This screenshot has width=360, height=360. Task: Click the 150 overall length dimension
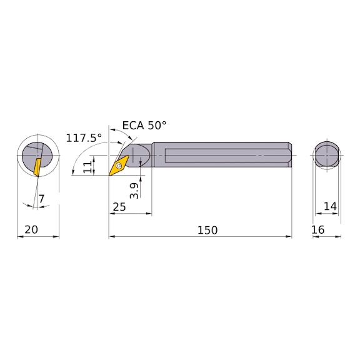tap(207, 230)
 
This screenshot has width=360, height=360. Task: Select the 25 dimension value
tap(119, 207)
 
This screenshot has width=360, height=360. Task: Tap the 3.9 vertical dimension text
tap(134, 191)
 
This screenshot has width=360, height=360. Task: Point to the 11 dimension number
tap(87, 167)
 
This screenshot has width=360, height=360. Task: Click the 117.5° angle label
tap(84, 138)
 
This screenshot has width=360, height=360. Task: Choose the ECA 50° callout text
tap(144, 126)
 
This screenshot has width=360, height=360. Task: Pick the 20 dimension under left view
tap(31, 229)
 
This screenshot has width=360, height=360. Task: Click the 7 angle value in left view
tap(41, 199)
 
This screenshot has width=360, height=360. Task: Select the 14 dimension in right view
tap(330, 206)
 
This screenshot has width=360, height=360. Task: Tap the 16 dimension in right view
tap(318, 230)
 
